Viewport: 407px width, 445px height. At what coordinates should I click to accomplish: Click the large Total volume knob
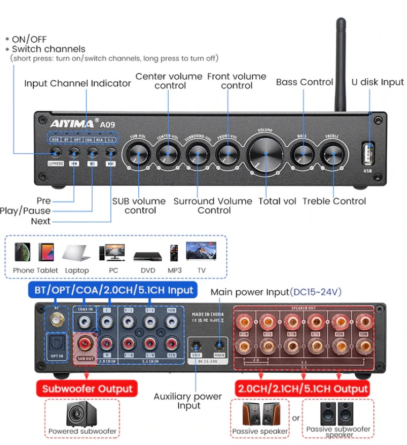click(x=266, y=154)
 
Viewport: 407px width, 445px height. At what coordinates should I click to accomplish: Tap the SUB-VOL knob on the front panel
click(x=138, y=154)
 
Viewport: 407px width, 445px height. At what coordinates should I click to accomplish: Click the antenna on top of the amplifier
click(x=340, y=64)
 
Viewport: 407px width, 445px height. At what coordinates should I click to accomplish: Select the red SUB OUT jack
click(x=85, y=343)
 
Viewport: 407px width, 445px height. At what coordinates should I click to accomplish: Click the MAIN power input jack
click(x=219, y=345)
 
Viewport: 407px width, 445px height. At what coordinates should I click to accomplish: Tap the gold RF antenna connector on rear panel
click(x=56, y=321)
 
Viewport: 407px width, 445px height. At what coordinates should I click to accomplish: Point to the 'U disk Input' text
click(x=378, y=82)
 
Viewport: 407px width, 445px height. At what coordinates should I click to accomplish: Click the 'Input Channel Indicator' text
click(x=77, y=83)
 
